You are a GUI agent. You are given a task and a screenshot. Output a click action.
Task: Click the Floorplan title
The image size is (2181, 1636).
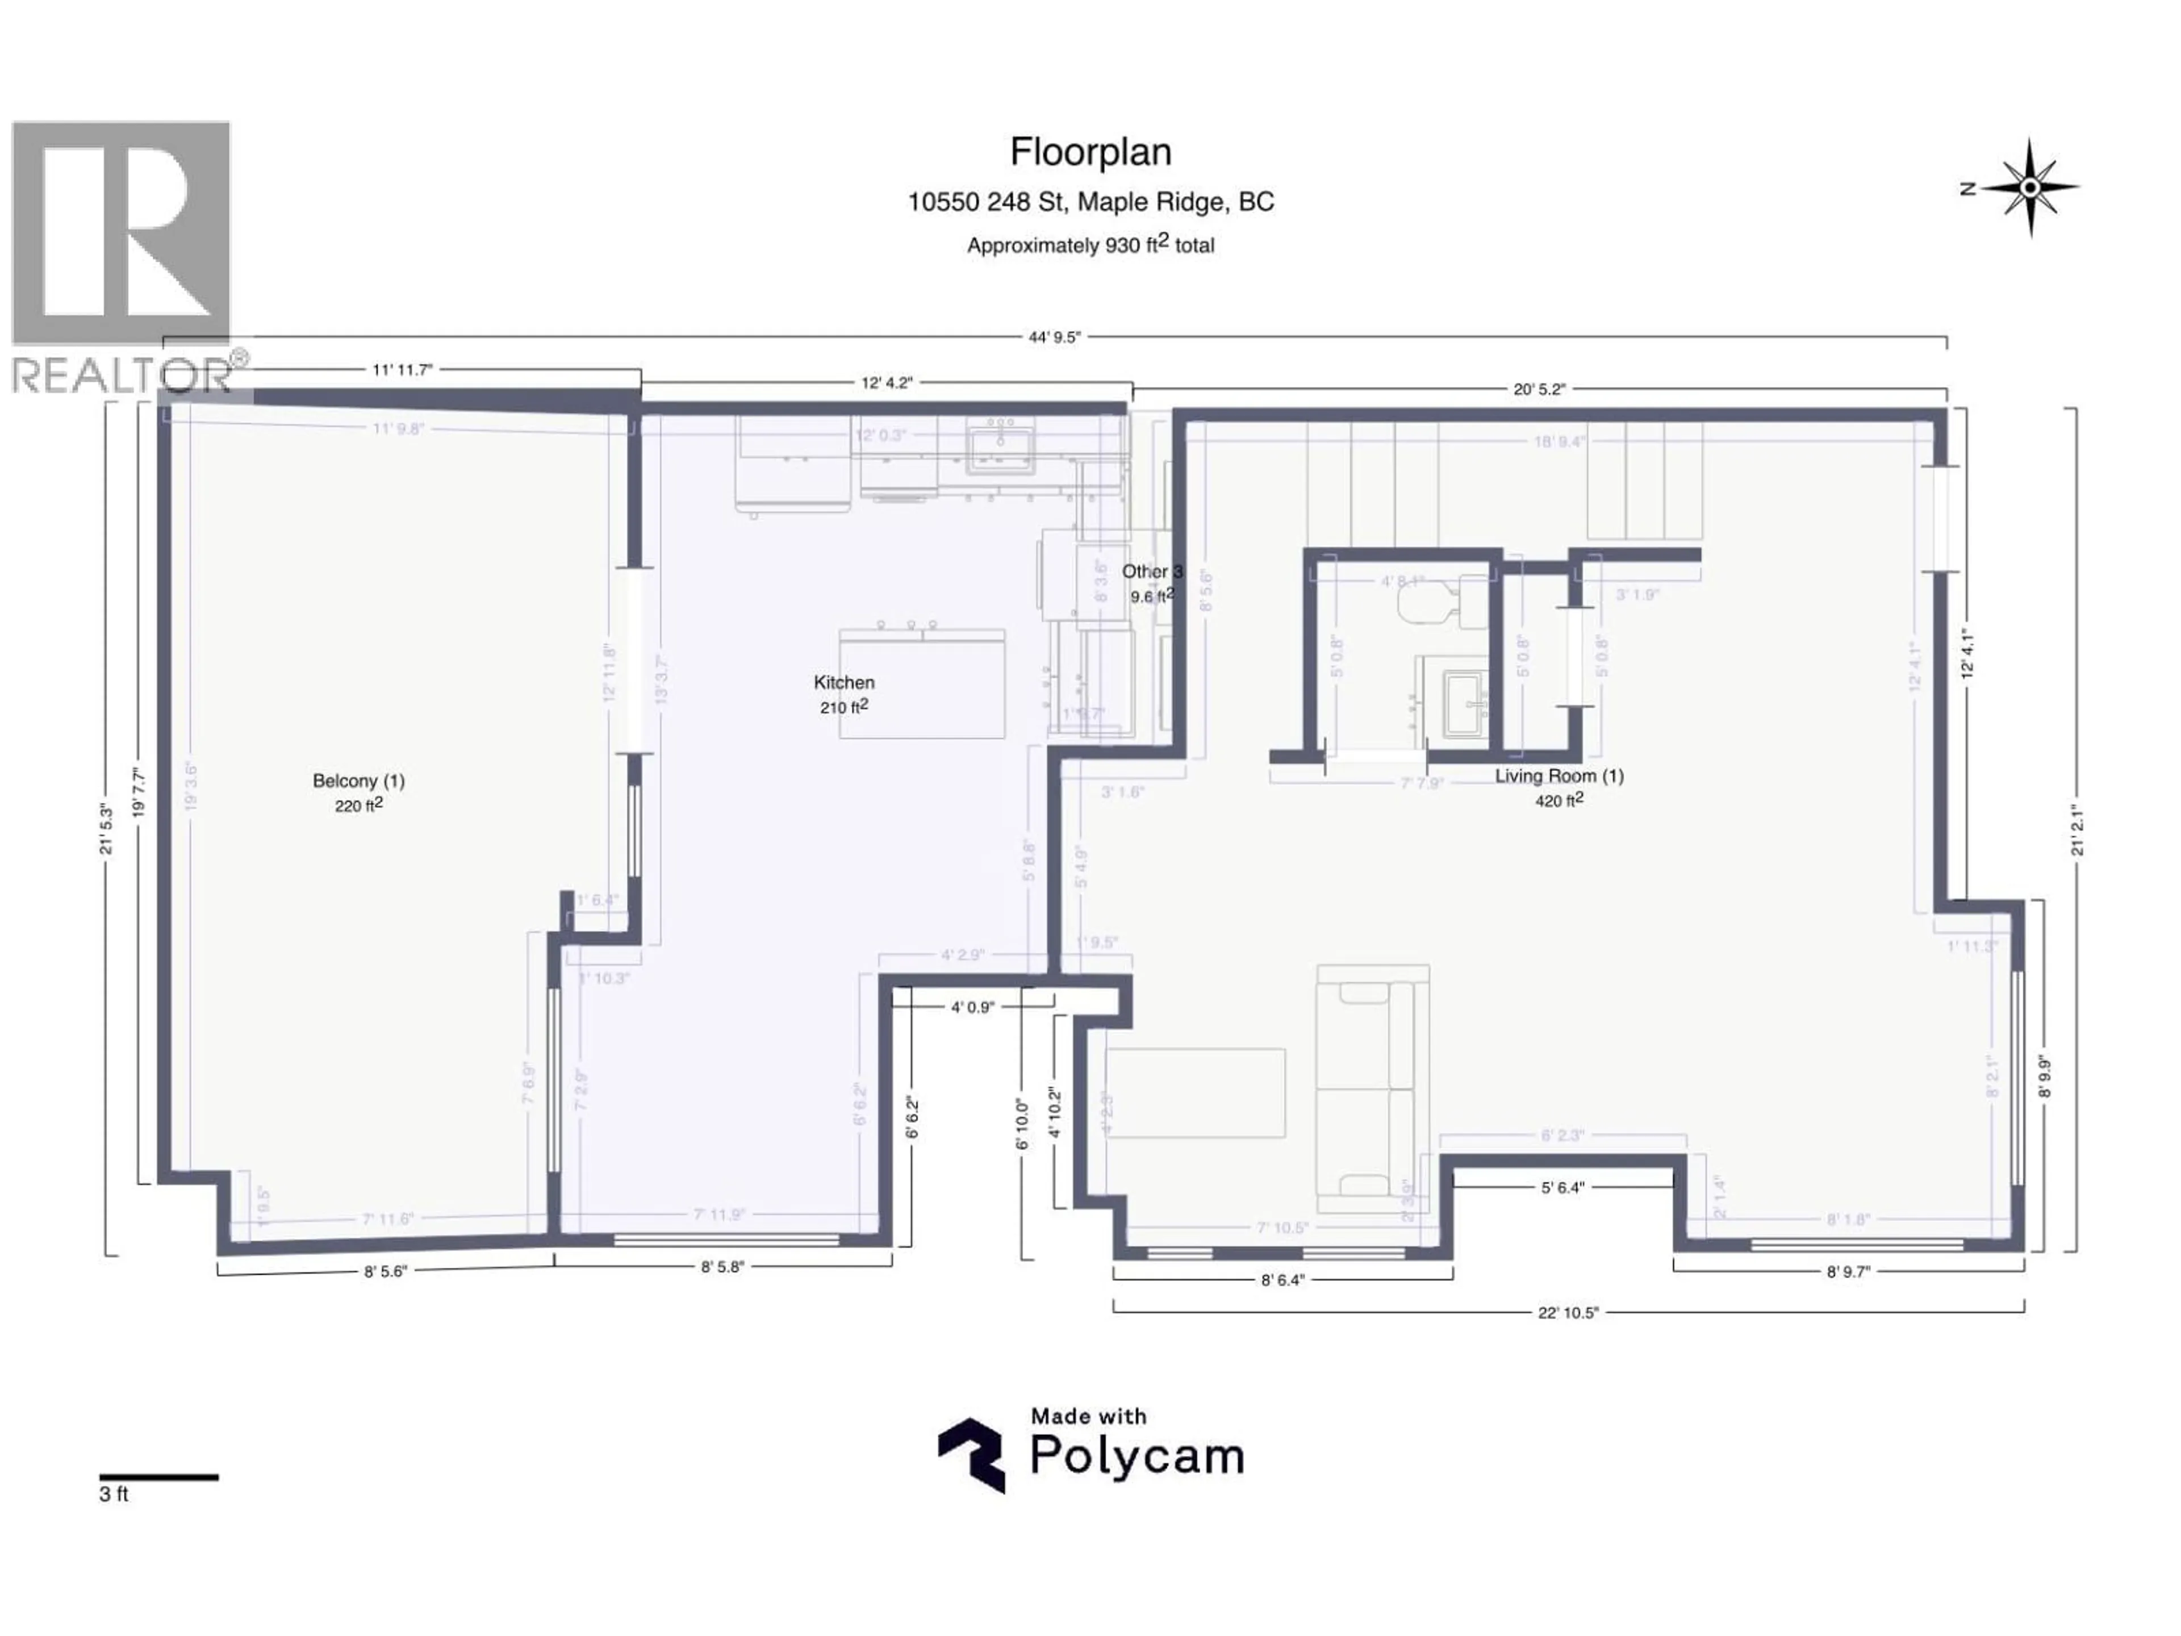tap(1090, 152)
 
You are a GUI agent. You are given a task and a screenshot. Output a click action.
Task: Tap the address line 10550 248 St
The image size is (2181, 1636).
tap(1090, 202)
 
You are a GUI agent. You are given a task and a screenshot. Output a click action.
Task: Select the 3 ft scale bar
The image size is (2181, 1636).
tap(158, 1478)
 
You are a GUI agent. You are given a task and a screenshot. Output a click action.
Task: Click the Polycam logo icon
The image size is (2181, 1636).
tap(971, 1455)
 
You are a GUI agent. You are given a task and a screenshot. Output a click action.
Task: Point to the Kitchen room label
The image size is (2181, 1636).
tap(844, 682)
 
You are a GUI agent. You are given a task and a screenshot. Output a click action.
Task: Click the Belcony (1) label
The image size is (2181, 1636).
tap(359, 781)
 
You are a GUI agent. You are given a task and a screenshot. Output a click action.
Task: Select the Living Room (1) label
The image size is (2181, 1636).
tap(1559, 776)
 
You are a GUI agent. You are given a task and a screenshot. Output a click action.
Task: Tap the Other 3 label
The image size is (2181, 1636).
tap(1152, 572)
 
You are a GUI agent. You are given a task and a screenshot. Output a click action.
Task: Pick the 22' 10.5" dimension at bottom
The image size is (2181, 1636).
tap(1568, 1313)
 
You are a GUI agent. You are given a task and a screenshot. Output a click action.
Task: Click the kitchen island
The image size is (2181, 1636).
tap(922, 683)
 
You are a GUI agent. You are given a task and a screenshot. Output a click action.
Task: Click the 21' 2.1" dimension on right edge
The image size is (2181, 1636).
tap(2078, 831)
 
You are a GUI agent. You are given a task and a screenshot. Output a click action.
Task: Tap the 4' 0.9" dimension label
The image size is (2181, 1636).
tap(972, 1008)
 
